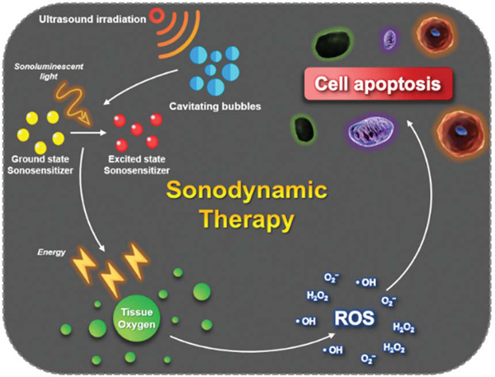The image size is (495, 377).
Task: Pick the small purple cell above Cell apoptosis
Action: [389, 39]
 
